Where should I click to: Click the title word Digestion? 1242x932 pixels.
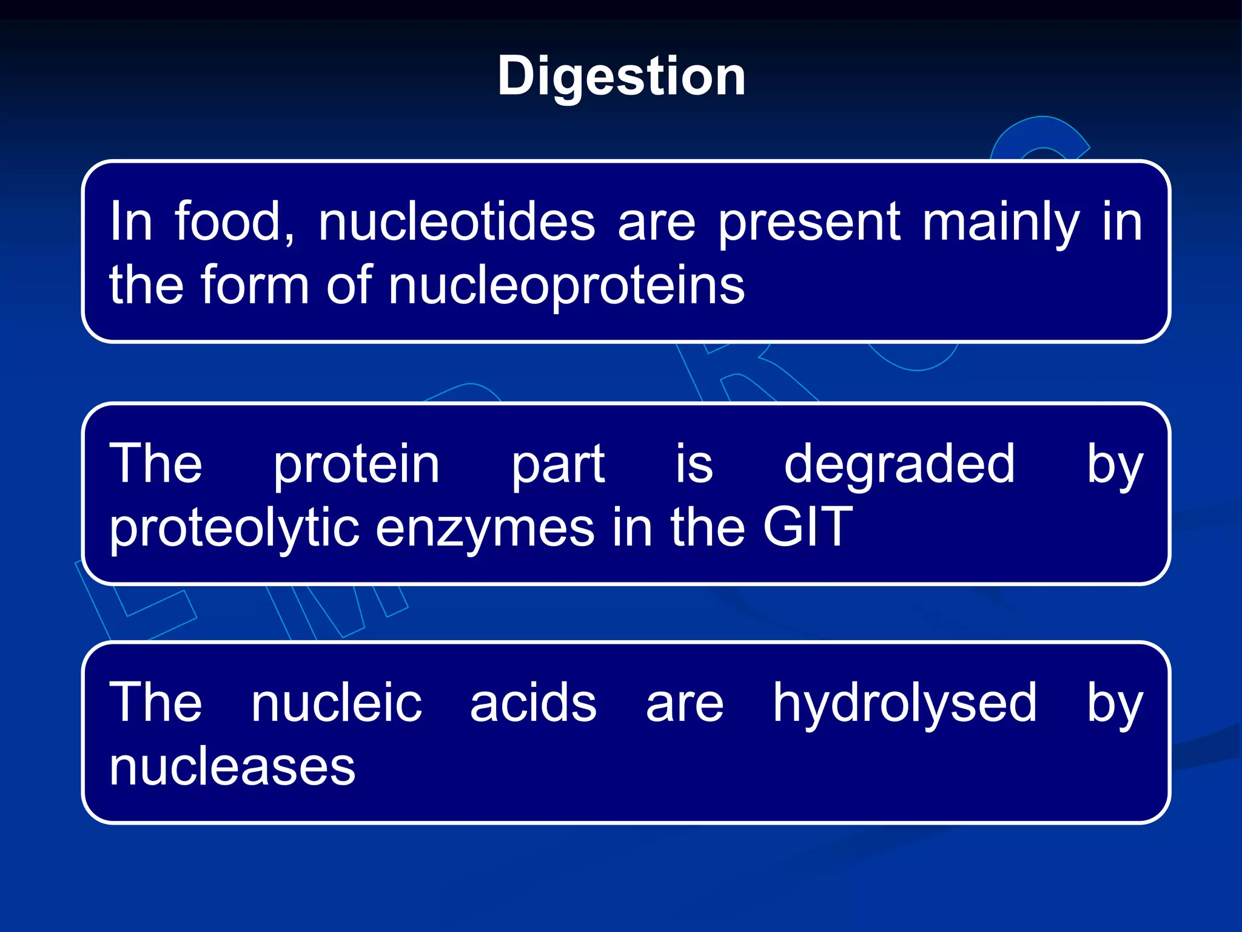pos(621,77)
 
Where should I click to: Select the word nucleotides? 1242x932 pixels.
pos(457,222)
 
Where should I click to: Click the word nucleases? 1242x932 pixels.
pos(232,767)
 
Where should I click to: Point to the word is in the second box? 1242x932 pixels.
pos(694,465)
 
